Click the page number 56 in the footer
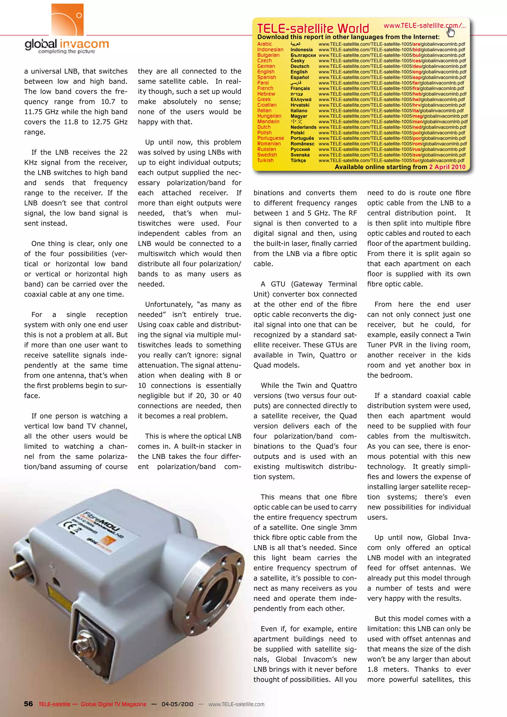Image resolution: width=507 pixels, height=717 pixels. tap(28, 704)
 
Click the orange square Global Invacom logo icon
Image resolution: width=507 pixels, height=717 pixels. tap(67, 19)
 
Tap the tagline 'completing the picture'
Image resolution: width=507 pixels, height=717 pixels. tap(67, 51)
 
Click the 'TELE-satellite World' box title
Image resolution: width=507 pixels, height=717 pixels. tap(313, 28)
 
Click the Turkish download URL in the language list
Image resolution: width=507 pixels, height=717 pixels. tap(391, 160)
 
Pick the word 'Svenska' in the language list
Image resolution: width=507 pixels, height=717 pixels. tap(300, 155)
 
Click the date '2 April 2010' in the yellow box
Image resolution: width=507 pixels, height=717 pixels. tap(447, 167)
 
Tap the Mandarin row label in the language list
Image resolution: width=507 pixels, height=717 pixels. tap(268, 122)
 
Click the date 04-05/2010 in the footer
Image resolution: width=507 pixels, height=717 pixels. tap(177, 704)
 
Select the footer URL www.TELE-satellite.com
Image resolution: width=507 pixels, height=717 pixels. tap(236, 704)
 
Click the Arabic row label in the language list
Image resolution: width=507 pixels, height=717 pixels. tap(264, 44)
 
